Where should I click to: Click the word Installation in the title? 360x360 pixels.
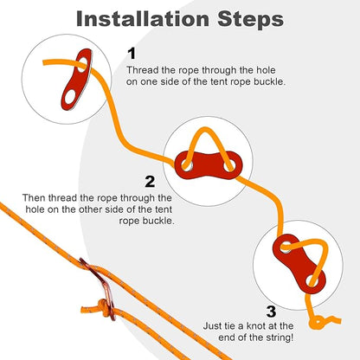pyautogui.click(x=143, y=19)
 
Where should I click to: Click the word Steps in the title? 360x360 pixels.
pyautogui.click(x=250, y=20)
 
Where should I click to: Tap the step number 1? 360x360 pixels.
pyautogui.click(x=132, y=54)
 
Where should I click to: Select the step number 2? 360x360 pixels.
pyautogui.click(x=150, y=182)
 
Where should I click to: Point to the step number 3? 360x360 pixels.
pyautogui.click(x=271, y=312)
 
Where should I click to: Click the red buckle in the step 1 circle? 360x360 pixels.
pyautogui.click(x=75, y=80)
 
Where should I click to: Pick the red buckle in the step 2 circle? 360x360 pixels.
pyautogui.click(x=208, y=164)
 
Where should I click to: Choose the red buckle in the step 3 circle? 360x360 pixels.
pyautogui.click(x=299, y=264)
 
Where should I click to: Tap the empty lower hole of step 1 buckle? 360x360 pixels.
pyautogui.click(x=69, y=98)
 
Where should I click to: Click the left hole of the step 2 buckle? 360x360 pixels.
pyautogui.click(x=187, y=165)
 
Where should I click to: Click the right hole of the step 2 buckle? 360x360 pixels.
pyautogui.click(x=229, y=165)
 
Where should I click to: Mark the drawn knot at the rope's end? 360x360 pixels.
pyautogui.click(x=318, y=322)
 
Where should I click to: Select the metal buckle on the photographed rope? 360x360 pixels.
pyautogui.click(x=100, y=288)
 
